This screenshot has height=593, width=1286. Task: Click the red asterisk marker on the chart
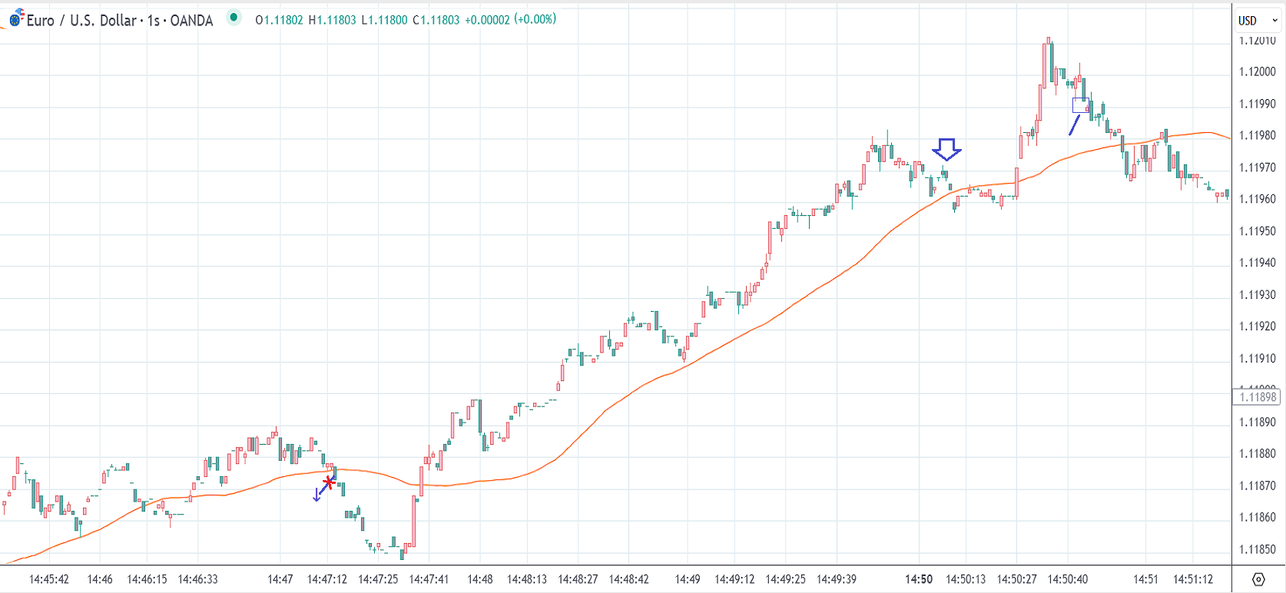(329, 482)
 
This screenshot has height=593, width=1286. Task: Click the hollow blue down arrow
(946, 149)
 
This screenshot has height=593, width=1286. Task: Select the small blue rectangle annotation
(1080, 105)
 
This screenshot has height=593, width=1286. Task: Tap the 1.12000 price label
(1257, 71)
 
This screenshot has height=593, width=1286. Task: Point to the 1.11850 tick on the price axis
(1257, 549)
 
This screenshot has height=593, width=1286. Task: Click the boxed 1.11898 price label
(1257, 397)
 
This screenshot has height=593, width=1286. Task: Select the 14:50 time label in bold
(919, 579)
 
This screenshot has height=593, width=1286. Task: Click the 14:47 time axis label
(280, 579)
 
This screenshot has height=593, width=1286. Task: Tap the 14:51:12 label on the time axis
(1192, 579)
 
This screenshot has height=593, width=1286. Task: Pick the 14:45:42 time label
(49, 579)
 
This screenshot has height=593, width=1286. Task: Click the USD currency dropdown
(1257, 21)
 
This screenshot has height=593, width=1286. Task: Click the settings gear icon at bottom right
(1258, 579)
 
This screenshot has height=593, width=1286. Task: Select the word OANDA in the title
(191, 21)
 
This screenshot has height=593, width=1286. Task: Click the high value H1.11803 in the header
(332, 20)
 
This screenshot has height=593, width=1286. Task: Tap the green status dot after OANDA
(234, 18)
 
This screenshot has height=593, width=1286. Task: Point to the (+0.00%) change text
(535, 20)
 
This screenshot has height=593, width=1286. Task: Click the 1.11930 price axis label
(1257, 295)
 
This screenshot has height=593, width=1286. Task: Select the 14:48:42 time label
(628, 579)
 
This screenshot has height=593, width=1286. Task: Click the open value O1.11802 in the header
(279, 20)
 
